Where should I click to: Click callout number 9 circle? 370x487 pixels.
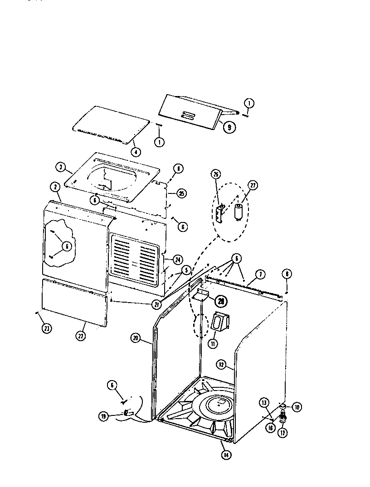pos(229,127)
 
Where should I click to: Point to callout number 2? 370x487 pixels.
pos(54,187)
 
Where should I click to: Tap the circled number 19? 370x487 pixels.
pos(104,415)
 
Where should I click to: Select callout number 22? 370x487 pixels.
pos(81,336)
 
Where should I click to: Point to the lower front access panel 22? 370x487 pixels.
pos(75,301)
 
